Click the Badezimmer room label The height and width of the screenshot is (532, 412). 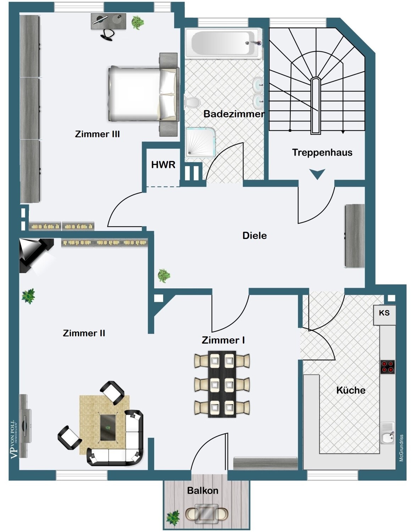click(x=234, y=114)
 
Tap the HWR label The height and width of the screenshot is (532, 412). click(x=163, y=165)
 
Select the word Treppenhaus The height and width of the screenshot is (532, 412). click(x=322, y=153)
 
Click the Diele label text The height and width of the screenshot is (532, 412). click(x=255, y=235)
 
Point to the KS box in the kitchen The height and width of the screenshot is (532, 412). click(x=384, y=315)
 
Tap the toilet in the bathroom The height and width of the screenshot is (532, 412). click(x=192, y=102)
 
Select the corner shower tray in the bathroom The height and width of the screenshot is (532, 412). click(x=201, y=142)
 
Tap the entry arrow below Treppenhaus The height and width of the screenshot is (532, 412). click(x=317, y=174)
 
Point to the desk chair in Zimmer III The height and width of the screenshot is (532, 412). click(x=107, y=35)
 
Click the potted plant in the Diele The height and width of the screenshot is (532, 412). click(x=164, y=276)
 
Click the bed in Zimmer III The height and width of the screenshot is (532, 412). click(x=143, y=94)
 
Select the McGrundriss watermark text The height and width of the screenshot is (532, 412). click(x=401, y=448)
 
